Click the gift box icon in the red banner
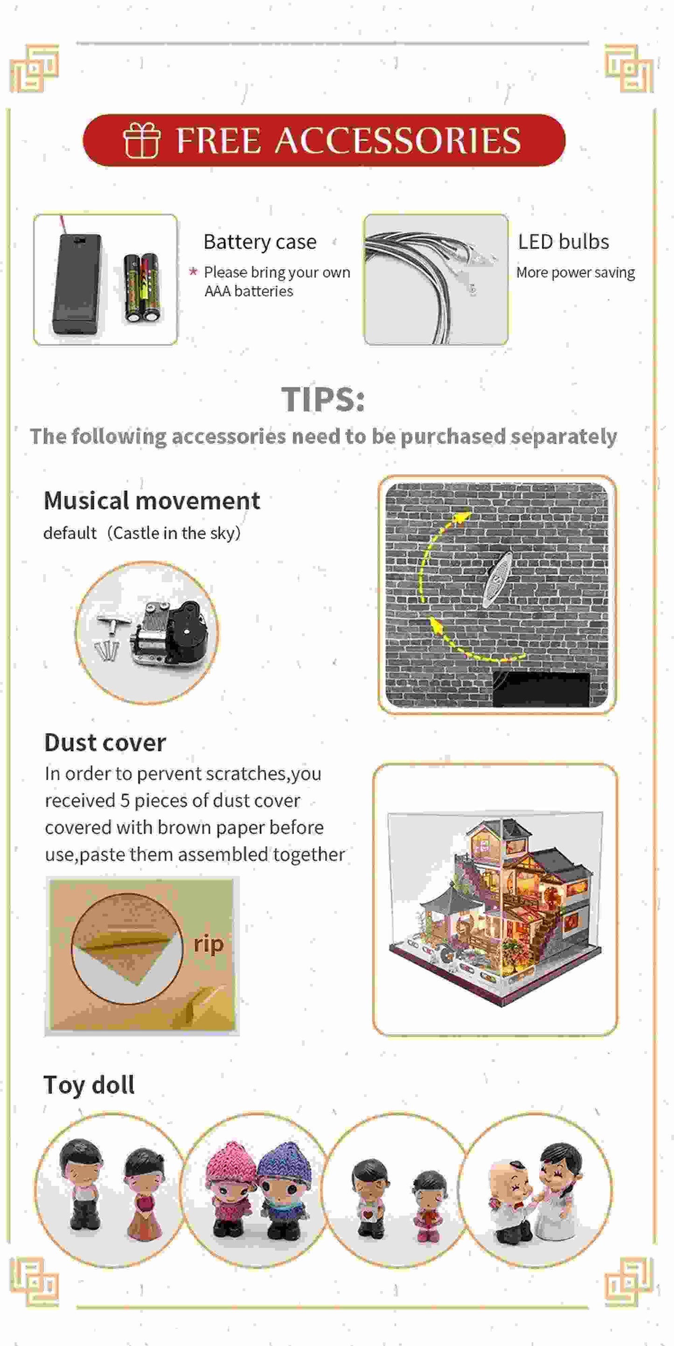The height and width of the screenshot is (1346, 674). click(x=141, y=140)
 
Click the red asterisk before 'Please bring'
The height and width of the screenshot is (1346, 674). click(x=193, y=272)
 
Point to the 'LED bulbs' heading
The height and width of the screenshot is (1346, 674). click(x=563, y=242)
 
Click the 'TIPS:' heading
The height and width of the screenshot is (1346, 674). click(x=322, y=400)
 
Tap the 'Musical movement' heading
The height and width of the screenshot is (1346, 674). click(x=152, y=500)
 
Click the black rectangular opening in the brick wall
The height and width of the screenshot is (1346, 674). click(x=541, y=689)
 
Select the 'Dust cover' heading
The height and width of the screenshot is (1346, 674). click(x=105, y=742)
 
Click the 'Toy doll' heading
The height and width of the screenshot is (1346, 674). click(x=89, y=1085)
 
